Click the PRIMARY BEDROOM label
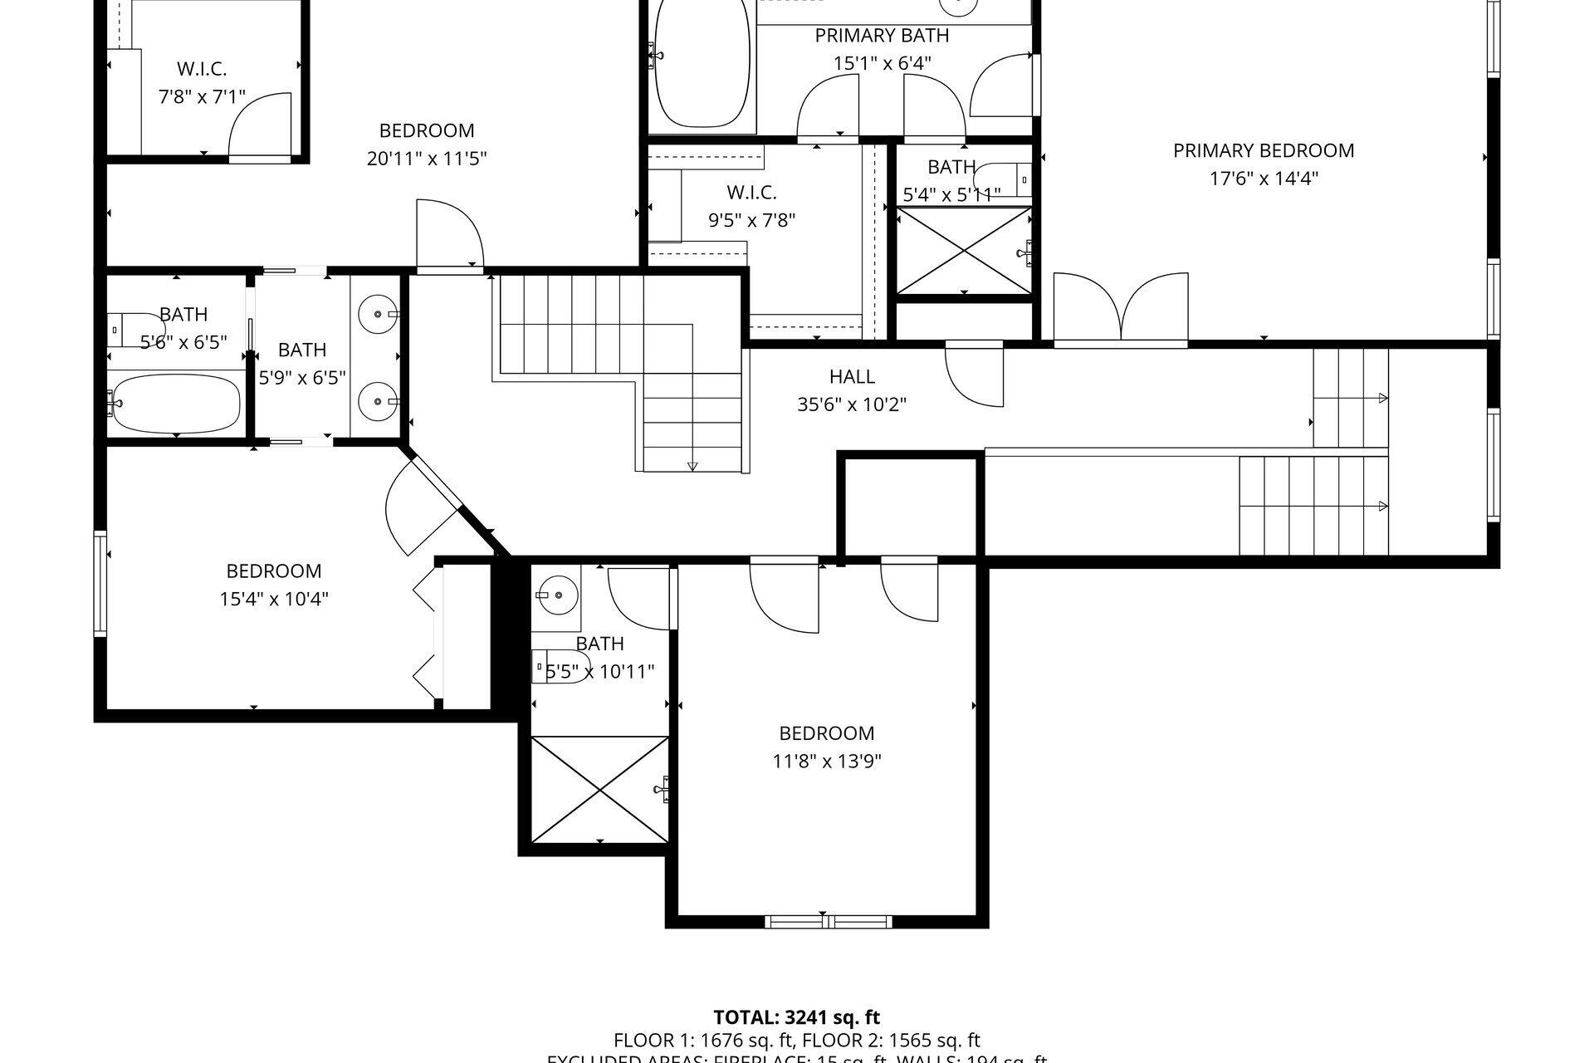(1263, 150)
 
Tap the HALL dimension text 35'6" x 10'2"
(851, 404)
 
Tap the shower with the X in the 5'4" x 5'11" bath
(964, 250)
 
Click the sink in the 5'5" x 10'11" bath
(555, 595)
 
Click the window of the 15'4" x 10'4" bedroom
(100, 584)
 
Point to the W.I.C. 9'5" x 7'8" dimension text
(751, 220)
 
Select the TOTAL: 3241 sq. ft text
(796, 1017)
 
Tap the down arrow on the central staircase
(693, 465)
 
